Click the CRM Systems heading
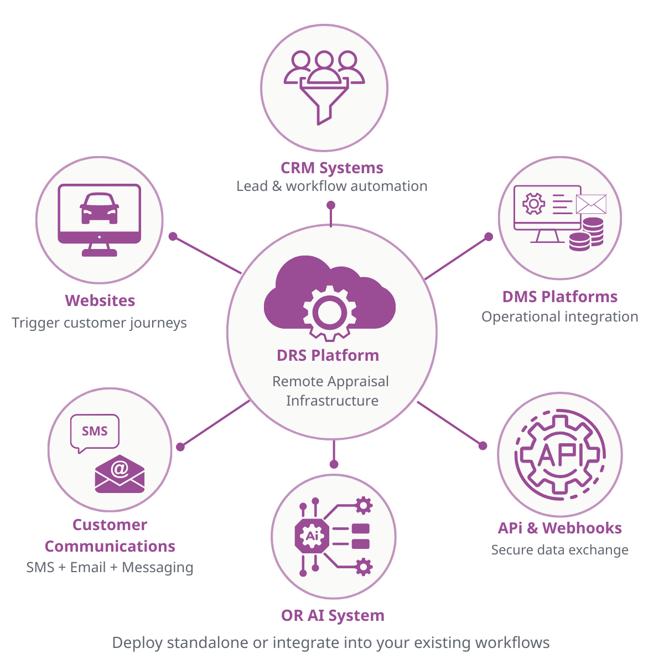click(332, 168)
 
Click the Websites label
click(100, 300)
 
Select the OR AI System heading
click(333, 615)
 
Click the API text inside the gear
click(560, 455)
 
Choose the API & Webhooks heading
click(559, 528)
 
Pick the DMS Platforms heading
click(560, 297)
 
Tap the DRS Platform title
click(328, 355)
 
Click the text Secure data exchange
click(559, 550)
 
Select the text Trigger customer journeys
click(100, 323)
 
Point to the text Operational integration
click(559, 317)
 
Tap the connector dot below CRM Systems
click(331, 205)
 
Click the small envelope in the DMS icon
click(591, 204)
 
